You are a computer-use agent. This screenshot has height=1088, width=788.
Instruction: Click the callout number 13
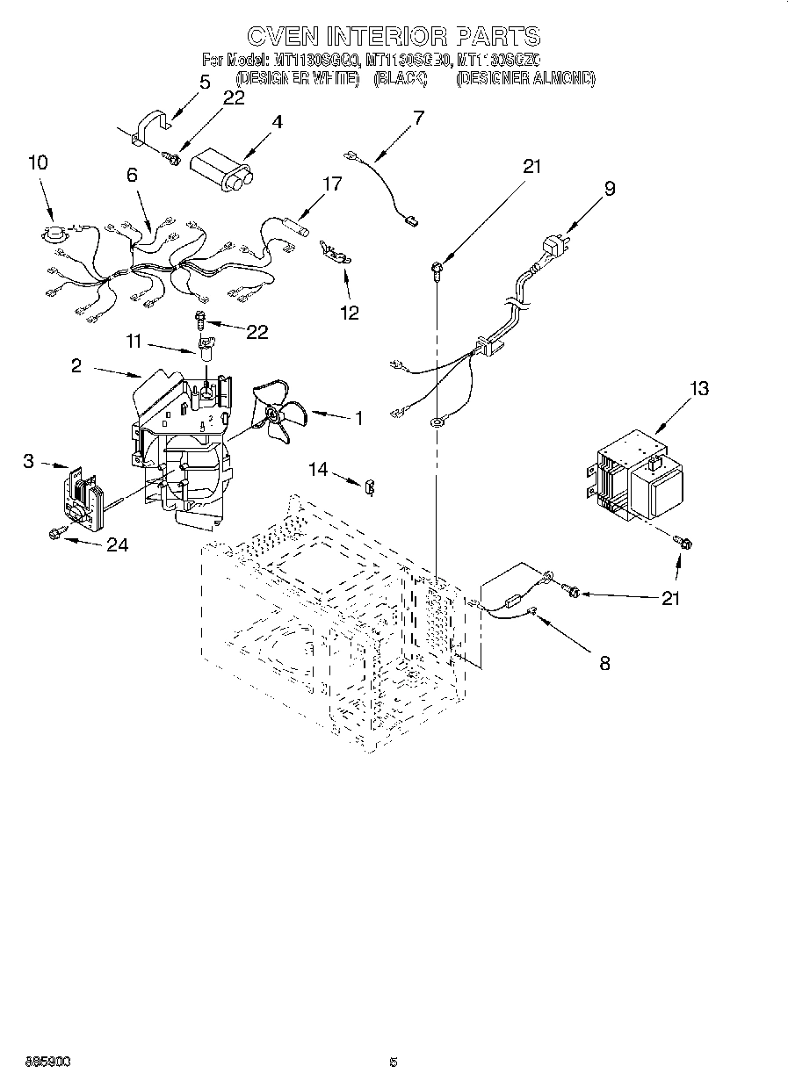pos(699,388)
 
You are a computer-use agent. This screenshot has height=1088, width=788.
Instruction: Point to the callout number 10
pos(38,162)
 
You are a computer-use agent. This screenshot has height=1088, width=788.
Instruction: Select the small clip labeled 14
pos(369,483)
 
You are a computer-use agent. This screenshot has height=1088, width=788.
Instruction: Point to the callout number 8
pos(604,663)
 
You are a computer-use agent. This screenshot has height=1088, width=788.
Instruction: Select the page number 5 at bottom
pos(394,1063)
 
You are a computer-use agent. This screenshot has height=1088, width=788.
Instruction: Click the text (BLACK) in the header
pos(400,78)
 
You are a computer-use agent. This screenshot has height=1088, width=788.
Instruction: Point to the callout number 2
pos(76,365)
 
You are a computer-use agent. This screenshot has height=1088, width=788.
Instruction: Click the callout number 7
pos(417,118)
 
